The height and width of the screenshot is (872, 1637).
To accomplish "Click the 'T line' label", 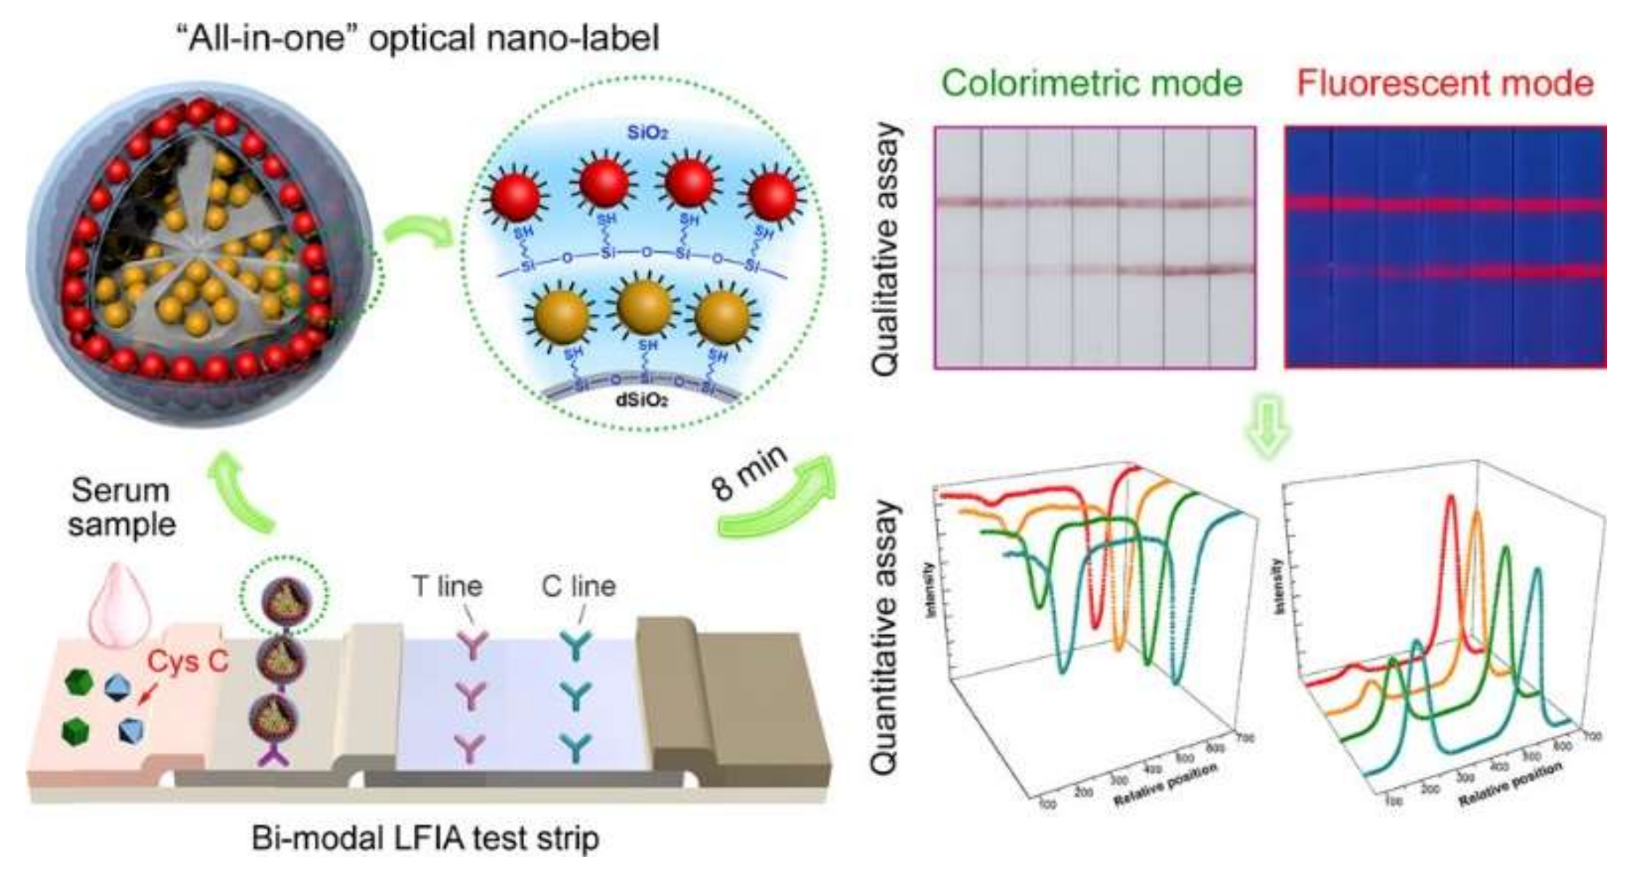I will pyautogui.click(x=447, y=586).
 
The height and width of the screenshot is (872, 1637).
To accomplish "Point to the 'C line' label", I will pyautogui.click(x=579, y=586).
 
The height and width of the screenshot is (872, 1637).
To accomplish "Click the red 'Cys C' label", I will pyautogui.click(x=188, y=661).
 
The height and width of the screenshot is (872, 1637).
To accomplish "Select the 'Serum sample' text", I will pyautogui.click(x=121, y=507).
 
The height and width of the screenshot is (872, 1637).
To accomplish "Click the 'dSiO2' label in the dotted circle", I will pyautogui.click(x=643, y=400).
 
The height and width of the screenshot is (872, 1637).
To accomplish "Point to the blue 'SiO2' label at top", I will pyautogui.click(x=647, y=133).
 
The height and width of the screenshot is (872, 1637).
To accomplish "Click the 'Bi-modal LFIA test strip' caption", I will pyautogui.click(x=425, y=839).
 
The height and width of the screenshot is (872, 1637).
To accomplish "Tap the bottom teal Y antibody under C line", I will pyautogui.click(x=577, y=747).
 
